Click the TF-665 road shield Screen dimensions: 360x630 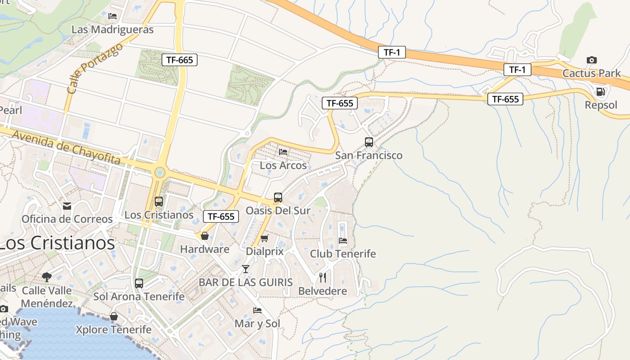point(180,59)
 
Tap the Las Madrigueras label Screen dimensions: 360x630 point(112,30)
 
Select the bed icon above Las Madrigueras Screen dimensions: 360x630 point(112,16)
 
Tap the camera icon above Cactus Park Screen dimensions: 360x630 point(591,60)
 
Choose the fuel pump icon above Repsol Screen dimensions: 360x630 point(600,92)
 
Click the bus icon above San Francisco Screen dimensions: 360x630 point(369,142)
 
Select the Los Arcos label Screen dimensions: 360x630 point(283,165)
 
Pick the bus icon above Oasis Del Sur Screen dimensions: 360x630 point(278,197)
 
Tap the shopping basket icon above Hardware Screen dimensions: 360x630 point(205,236)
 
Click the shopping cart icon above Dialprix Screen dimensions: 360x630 point(265,238)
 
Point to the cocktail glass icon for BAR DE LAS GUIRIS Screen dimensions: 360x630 point(246,269)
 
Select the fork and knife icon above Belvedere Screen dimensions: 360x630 point(322,277)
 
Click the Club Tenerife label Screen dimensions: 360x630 point(342,254)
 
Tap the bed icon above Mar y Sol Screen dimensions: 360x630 point(257,310)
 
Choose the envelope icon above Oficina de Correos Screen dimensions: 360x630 point(67,206)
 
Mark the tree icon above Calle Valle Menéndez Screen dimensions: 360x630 point(46,277)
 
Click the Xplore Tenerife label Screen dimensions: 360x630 point(113,330)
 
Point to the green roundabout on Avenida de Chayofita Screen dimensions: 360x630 point(159,172)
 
